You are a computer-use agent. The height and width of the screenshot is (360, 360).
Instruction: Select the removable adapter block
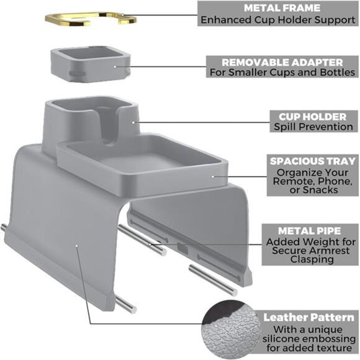[x=91, y=64]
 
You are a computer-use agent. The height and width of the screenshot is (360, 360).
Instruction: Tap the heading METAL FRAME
[x=282, y=8]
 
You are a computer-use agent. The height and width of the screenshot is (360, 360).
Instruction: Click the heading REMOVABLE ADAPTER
[x=282, y=63]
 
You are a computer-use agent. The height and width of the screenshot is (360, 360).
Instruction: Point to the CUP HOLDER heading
[x=312, y=117]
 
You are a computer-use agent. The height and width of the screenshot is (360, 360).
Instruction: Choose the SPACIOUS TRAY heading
[x=313, y=161]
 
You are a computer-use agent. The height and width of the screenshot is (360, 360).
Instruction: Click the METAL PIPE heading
[x=309, y=231]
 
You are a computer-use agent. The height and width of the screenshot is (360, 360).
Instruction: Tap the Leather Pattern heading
[x=308, y=318]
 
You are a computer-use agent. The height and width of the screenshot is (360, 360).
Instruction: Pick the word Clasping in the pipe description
[x=312, y=259]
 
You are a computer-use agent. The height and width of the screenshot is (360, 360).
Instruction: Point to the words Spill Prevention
[x=313, y=127]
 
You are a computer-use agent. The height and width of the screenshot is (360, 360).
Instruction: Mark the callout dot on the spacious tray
[x=213, y=176]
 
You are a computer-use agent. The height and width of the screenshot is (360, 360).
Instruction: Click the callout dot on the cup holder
[x=133, y=122]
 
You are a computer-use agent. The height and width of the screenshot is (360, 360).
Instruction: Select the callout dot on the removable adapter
[x=115, y=66]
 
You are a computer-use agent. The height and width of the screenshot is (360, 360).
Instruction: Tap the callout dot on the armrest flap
[x=76, y=246]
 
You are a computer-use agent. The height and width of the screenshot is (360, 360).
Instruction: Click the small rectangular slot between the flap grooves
[x=182, y=249]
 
